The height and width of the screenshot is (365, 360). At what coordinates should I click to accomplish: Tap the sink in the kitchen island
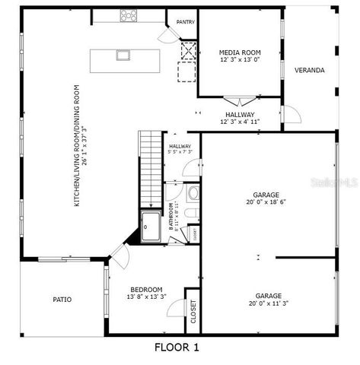click(x=122, y=55)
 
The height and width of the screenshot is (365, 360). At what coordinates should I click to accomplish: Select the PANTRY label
click(x=185, y=22)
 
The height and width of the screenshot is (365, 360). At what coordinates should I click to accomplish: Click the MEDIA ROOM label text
click(x=240, y=52)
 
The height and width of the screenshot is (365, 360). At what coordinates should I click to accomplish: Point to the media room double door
click(x=239, y=100)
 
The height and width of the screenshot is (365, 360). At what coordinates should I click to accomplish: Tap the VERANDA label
click(x=310, y=71)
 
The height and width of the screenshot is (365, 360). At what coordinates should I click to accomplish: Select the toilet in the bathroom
click(x=194, y=194)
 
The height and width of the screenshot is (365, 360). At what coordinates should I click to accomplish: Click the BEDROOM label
click(x=146, y=289)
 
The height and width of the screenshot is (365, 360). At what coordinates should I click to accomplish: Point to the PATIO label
click(x=62, y=300)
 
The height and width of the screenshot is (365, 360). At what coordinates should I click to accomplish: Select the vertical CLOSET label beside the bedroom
click(x=193, y=311)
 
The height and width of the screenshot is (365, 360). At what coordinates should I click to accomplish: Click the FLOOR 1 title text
click(x=177, y=348)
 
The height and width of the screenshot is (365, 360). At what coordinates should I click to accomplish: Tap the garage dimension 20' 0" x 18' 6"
click(x=266, y=202)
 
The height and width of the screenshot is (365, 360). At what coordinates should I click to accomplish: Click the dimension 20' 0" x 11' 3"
click(x=268, y=303)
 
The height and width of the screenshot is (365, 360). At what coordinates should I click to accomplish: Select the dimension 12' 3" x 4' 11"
click(x=240, y=121)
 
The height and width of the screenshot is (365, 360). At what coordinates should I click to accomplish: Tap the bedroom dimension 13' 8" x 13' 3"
click(x=146, y=297)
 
